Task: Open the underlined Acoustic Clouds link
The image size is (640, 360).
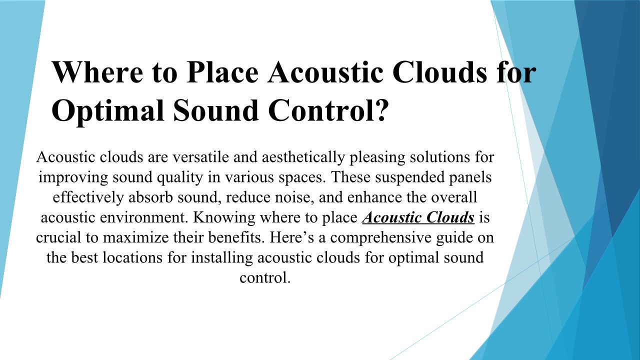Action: tap(418, 217)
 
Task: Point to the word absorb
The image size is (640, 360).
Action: tap(150, 197)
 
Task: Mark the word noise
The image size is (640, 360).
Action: tap(293, 198)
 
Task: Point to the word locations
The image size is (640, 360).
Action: tap(132, 257)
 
